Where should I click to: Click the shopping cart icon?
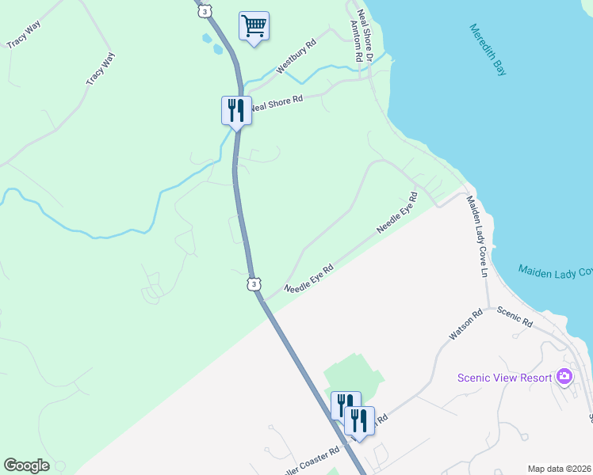click(254, 26)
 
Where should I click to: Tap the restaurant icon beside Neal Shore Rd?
click(236, 109)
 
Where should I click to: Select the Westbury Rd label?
click(296, 57)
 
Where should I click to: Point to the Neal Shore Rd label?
click(277, 101)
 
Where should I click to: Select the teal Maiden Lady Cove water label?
click(555, 272)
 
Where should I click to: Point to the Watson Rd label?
click(465, 325)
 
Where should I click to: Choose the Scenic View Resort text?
click(504, 378)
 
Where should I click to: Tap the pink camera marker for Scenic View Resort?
click(564, 376)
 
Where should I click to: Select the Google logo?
click(26, 465)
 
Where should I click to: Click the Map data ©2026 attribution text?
click(559, 469)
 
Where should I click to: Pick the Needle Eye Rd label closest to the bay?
click(396, 212)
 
